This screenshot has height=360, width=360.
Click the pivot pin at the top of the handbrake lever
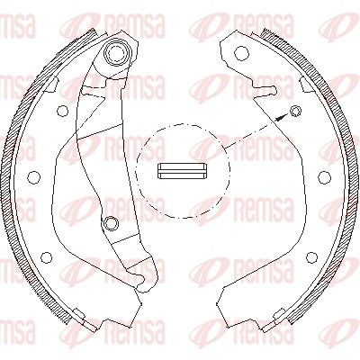[115, 53]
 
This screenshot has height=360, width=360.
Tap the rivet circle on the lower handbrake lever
[111, 222]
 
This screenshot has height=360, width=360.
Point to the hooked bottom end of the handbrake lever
[143, 279]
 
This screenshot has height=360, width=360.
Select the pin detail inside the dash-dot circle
[182, 172]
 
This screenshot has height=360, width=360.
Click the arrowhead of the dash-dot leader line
[281, 117]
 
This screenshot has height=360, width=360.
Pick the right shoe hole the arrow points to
[296, 112]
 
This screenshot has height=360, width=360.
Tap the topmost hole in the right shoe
[242, 53]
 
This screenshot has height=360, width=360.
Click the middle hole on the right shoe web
[325, 177]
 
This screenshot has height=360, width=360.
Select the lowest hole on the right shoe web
[312, 257]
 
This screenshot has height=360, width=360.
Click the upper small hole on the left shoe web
[63, 112]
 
